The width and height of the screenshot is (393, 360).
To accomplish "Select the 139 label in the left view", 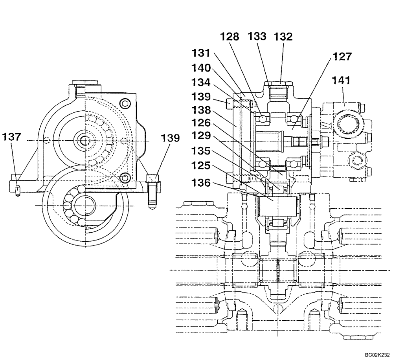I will coord(170,138).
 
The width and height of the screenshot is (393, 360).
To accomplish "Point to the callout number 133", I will coord(257,37).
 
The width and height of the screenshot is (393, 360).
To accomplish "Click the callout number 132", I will coord(283,37).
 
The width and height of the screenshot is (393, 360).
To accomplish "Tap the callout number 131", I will coord(201,52).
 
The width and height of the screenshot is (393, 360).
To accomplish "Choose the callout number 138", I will coord(201,110).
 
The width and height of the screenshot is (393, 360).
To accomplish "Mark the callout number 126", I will coord(201,124).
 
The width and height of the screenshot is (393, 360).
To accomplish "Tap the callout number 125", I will coord(201,167).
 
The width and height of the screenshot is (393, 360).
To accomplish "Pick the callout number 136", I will coord(201,184).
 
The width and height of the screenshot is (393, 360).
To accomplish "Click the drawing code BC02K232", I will coord(376,355).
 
